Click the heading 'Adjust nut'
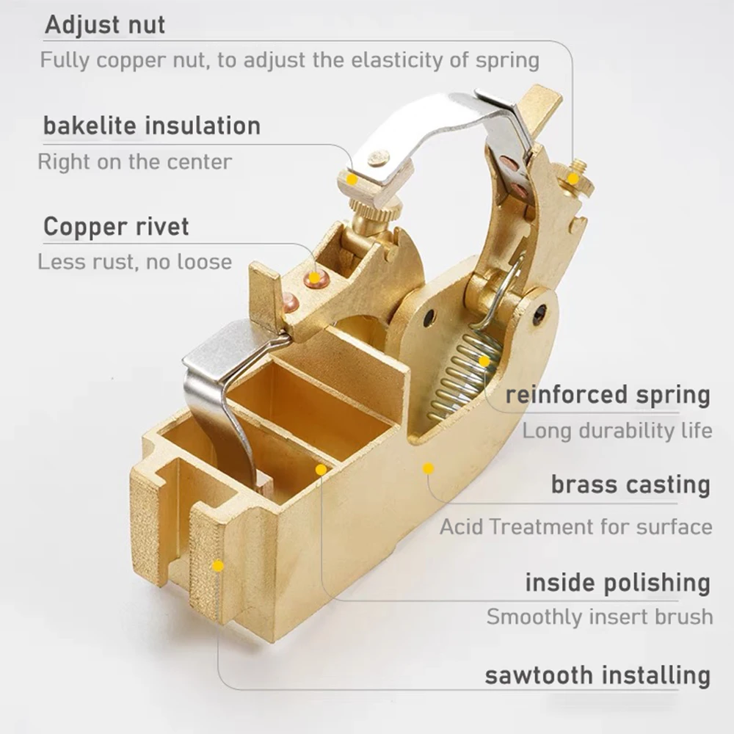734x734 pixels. point(105,24)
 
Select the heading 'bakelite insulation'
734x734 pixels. point(152,126)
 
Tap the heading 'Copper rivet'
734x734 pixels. point(116,227)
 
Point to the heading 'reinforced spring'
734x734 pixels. point(608,395)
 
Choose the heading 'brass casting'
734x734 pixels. point(631,485)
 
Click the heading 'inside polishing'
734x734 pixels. point(617,584)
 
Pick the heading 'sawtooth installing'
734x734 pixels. point(597,675)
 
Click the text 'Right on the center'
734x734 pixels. point(134,161)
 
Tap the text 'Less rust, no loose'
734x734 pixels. point(134,261)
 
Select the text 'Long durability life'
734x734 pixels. point(617,431)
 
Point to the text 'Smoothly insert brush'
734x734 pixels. point(599,617)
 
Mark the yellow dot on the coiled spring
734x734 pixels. point(484,361)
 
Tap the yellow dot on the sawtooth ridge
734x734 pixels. point(217,566)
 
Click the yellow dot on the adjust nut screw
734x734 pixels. point(573,178)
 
